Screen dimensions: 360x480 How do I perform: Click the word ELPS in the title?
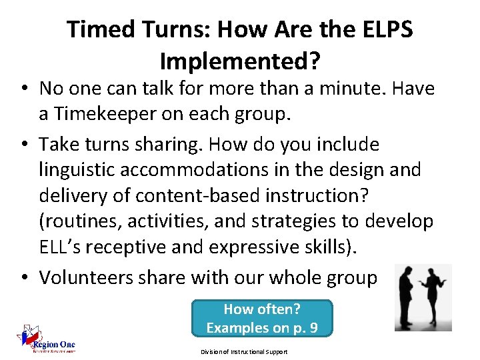click(x=383, y=29)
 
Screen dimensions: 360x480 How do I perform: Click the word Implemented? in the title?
click(x=240, y=61)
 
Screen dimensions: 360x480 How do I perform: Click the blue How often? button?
click(x=261, y=318)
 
